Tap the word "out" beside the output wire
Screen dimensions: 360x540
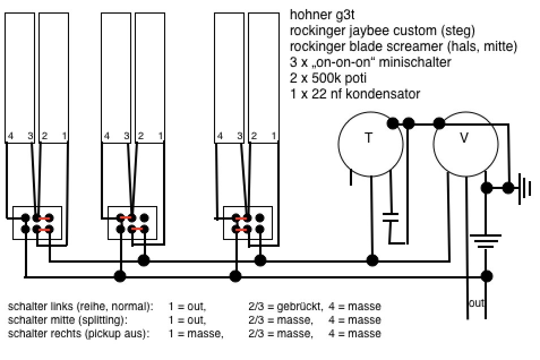[477, 303]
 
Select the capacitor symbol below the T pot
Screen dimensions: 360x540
[391, 217]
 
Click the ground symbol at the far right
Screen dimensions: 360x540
[526, 187]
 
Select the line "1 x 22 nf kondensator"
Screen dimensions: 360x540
[355, 93]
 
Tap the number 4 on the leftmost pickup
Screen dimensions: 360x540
[10, 136]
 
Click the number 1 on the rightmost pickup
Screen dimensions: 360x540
[274, 136]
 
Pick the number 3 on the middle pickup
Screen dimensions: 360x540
[127, 136]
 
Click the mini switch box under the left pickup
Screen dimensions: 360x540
[37, 223]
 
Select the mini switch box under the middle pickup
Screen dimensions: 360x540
[132, 223]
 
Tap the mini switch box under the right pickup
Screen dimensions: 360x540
[248, 223]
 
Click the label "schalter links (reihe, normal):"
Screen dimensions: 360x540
[80, 307]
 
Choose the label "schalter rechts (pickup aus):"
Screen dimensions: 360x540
[79, 334]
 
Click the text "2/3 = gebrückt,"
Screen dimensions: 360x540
[285, 307]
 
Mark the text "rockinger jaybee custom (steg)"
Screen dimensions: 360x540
[382, 30]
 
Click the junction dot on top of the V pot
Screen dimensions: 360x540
[438, 123]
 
